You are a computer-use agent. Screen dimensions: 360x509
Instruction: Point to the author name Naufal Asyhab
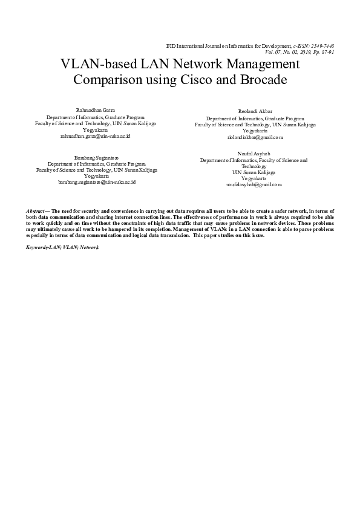pos(254,154)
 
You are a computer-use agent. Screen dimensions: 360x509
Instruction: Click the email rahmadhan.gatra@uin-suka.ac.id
pos(96,137)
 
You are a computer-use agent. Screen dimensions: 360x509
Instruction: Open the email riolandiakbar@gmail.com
pos(255,138)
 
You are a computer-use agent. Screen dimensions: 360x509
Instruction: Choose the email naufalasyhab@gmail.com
pos(254,185)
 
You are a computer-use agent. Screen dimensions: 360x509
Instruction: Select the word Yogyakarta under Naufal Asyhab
pos(254,178)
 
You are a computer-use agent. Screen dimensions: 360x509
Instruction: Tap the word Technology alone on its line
pos(254,166)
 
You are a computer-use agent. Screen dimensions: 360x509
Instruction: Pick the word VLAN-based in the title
pos(96,64)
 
